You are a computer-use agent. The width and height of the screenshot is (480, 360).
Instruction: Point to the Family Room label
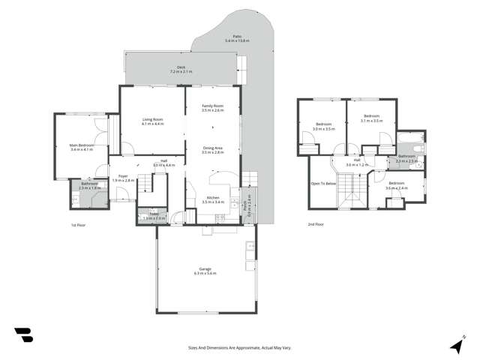point(213,107)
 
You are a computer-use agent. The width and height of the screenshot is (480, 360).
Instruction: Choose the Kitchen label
point(214,199)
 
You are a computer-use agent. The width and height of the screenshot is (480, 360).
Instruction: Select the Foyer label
point(123,178)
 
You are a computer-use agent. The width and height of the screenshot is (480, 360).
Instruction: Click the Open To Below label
point(322,183)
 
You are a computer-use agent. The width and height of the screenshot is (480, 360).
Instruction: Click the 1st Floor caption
point(79,225)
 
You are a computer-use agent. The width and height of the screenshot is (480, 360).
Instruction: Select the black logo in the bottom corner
point(23,335)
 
